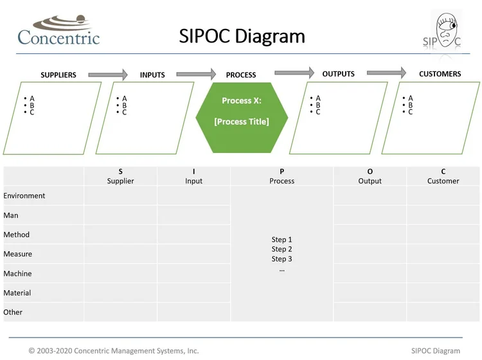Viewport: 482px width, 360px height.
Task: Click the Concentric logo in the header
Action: pyautogui.click(x=58, y=31)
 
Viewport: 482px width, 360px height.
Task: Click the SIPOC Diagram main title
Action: pyautogui.click(x=242, y=36)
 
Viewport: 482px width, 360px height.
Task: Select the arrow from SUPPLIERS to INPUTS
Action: pyautogui.click(x=108, y=75)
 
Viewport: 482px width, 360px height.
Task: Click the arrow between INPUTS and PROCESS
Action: pyautogui.click(x=196, y=75)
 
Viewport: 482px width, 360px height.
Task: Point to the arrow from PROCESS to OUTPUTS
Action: pyautogui.click(x=294, y=73)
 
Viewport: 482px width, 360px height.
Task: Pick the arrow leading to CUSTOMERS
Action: pyautogui.click(x=386, y=73)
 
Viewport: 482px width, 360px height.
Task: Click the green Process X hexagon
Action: pyautogui.click(x=242, y=112)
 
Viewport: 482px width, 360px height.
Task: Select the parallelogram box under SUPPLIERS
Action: pyautogui.click(x=53, y=118)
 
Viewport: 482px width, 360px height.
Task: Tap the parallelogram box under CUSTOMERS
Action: pyautogui.click(x=431, y=118)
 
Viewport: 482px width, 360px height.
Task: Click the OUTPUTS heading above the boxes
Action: pyautogui.click(x=338, y=74)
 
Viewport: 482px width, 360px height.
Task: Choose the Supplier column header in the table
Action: pyautogui.click(x=120, y=177)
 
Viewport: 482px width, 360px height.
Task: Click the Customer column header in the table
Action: pyautogui.click(x=443, y=177)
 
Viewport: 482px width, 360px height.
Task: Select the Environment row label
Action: pyautogui.click(x=24, y=196)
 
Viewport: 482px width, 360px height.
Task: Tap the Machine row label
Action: pyautogui.click(x=17, y=274)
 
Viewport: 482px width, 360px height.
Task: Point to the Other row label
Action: pyautogui.click(x=13, y=312)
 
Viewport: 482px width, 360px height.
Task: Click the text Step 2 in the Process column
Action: pyautogui.click(x=281, y=249)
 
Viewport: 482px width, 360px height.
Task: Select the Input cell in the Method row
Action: pyautogui.click(x=193, y=235)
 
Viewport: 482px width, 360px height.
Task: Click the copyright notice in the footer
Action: pyautogui.click(x=114, y=351)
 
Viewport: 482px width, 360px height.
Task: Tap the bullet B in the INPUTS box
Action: pyautogui.click(x=124, y=105)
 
